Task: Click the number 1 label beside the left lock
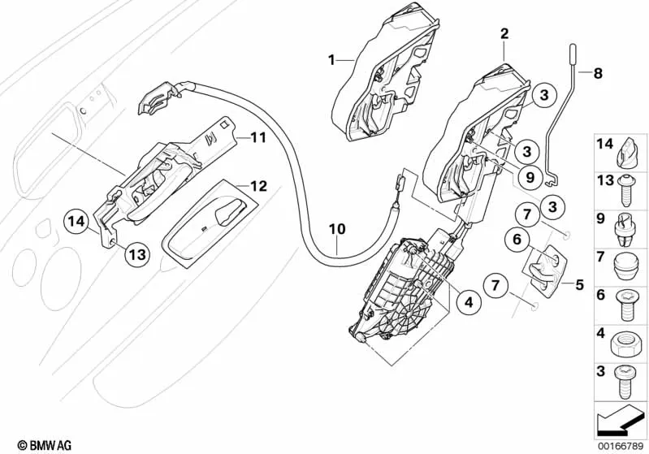331,59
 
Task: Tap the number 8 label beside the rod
599,74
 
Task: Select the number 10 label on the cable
337,230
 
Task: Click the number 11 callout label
258,138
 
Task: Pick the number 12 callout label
258,186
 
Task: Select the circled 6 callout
515,239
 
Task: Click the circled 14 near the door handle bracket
76,220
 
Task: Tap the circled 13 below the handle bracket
137,255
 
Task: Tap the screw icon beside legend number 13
627,188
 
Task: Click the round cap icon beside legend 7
627,262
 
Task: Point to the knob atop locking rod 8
573,54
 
